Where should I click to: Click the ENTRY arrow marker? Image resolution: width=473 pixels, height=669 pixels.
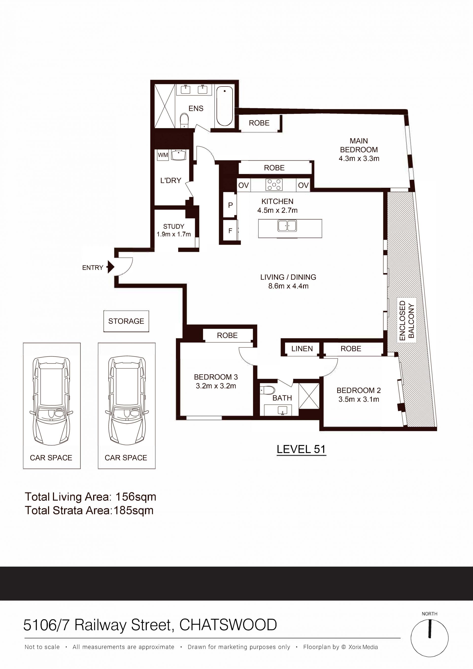click(x=111, y=267)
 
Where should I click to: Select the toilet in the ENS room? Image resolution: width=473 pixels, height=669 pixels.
click(x=184, y=121)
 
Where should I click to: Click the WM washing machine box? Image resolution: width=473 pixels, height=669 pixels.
click(x=163, y=155)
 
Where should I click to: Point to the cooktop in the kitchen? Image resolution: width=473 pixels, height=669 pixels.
click(x=274, y=185)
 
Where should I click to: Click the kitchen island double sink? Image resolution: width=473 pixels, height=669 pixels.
click(x=287, y=226)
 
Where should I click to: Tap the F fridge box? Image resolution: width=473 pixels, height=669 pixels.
click(x=230, y=231)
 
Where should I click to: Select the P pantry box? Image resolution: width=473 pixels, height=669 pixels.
click(x=230, y=205)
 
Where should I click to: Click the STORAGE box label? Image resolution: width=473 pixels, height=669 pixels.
click(x=126, y=321)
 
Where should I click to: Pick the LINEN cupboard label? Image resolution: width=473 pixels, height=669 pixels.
click(x=302, y=348)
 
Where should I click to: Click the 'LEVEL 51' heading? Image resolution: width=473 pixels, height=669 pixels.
click(x=301, y=449)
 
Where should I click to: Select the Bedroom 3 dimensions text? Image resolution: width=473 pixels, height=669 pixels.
click(x=216, y=386)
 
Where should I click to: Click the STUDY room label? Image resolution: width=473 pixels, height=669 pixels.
click(x=174, y=226)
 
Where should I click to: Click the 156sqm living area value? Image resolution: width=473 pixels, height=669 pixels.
click(x=136, y=497)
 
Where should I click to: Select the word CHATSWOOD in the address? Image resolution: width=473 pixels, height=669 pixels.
click(x=228, y=625)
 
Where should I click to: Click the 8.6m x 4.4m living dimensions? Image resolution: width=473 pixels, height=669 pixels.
click(x=288, y=286)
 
